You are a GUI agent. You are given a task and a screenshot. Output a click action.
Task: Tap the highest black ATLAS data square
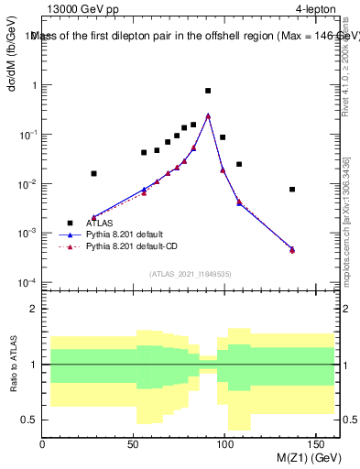(208, 91)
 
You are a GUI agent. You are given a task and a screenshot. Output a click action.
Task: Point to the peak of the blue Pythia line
(208, 115)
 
